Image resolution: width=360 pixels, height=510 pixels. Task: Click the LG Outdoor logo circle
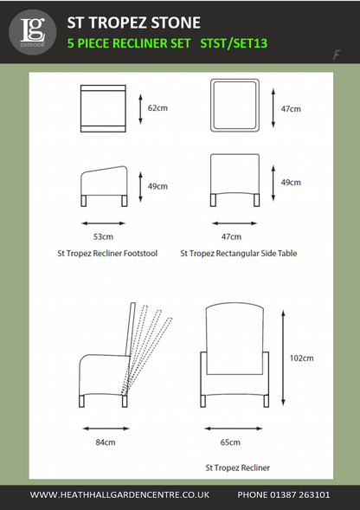pyautogui.click(x=31, y=31)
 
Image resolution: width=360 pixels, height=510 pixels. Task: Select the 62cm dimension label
pyautogui.click(x=157, y=109)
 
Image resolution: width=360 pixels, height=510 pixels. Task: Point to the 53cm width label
pyautogui.click(x=103, y=236)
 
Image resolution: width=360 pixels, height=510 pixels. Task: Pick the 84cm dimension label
pyautogui.click(x=105, y=442)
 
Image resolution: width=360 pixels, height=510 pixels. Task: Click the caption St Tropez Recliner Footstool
pyautogui.click(x=106, y=255)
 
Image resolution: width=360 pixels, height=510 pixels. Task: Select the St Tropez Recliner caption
pyautogui.click(x=237, y=468)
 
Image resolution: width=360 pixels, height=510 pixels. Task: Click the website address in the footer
pyautogui.click(x=119, y=495)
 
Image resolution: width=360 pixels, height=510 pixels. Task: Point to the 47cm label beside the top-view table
pyautogui.click(x=292, y=109)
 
